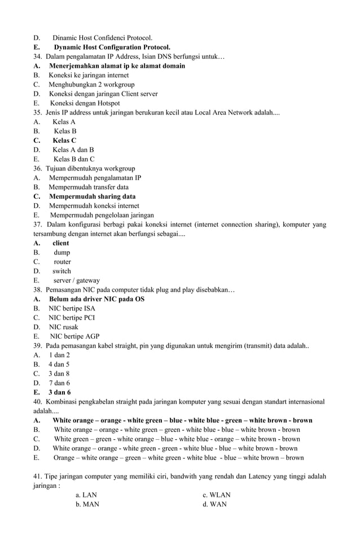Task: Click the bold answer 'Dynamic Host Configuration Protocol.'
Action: tap(112, 47)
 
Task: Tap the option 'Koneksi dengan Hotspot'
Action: tap(85, 103)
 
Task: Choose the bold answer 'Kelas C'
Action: tap(64, 141)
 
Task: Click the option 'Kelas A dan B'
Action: tap(73, 150)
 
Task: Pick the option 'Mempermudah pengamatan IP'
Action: tap(95, 178)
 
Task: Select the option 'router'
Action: tap(62, 262)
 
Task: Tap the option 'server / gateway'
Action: tap(76, 281)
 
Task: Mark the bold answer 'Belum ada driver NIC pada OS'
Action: tap(96, 299)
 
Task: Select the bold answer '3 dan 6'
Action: tap(59, 392)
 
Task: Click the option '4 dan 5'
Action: tap(59, 365)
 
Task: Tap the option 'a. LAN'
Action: tap(86, 495)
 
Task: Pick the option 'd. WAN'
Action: tap(214, 504)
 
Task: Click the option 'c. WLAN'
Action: tap(217, 495)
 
